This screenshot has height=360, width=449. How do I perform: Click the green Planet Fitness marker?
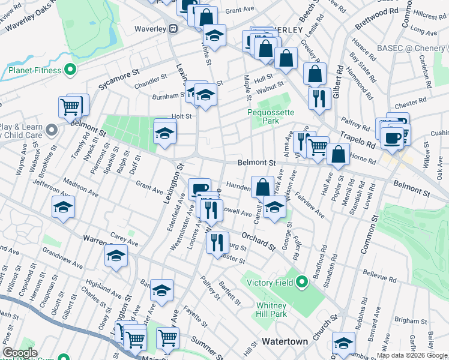[x=70, y=70]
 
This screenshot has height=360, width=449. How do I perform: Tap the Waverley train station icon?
[x=173, y=28]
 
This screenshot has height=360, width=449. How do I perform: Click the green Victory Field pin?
[x=302, y=280]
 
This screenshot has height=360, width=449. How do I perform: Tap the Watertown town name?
[x=285, y=341]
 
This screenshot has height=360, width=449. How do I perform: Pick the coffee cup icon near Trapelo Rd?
[x=393, y=137]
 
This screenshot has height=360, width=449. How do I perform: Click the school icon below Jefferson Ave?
[x=63, y=207]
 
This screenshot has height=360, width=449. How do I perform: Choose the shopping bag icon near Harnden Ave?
[x=262, y=187]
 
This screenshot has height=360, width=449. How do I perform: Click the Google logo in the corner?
[x=20, y=353]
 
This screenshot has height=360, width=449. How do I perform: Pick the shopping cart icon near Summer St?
[x=167, y=337]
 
